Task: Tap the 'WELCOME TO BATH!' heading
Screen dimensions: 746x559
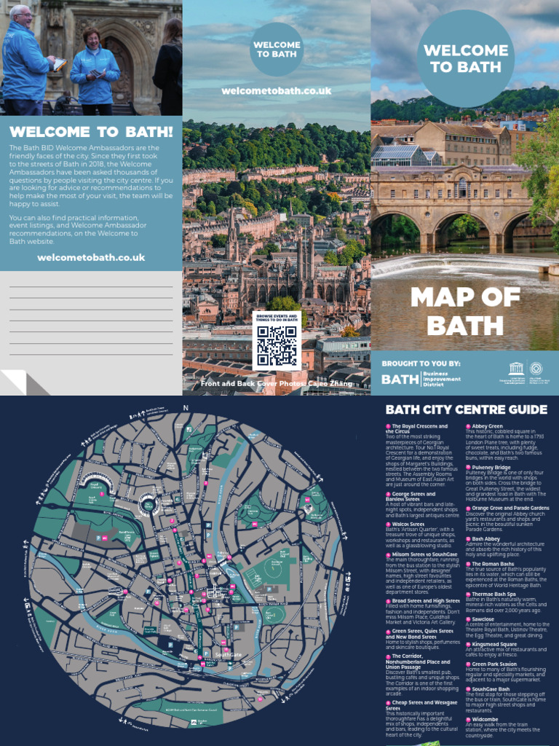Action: [x=91, y=132]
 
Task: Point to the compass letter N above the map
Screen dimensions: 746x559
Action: [x=186, y=407]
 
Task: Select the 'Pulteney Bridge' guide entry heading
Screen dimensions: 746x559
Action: [x=491, y=467]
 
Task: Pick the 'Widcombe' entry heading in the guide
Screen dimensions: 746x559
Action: [x=485, y=718]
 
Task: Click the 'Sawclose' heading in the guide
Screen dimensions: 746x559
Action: [x=483, y=619]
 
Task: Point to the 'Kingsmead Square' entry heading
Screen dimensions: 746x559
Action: [x=494, y=644]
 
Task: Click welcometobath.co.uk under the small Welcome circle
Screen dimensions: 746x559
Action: [x=277, y=91]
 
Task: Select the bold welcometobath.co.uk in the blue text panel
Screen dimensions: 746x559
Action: [x=91, y=257]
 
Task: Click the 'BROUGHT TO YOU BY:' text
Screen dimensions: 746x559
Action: [x=421, y=363]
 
